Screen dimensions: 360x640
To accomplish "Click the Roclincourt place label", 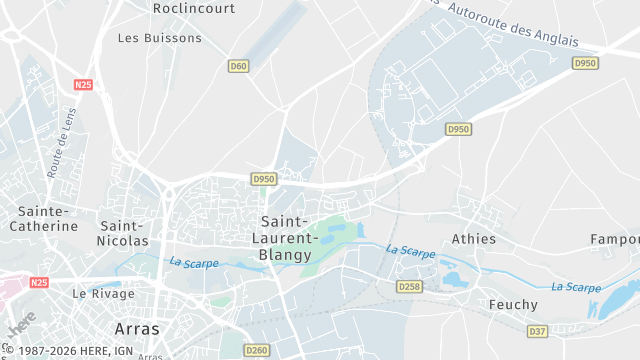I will tap(193, 7).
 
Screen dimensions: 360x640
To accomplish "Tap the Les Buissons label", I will tap(159, 38).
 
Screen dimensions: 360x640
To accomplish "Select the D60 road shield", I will tap(237, 66).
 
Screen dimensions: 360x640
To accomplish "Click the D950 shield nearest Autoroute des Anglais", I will tap(585, 63).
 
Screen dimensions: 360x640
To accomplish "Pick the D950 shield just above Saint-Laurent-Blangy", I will tap(263, 179).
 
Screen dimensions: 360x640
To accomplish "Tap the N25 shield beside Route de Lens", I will tap(83, 85).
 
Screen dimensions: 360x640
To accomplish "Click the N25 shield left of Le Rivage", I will tap(39, 283).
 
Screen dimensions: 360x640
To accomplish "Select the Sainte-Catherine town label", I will tap(43, 218).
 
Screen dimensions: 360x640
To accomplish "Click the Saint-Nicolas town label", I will tap(123, 233).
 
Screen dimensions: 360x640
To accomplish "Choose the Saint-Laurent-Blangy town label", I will tap(285, 237).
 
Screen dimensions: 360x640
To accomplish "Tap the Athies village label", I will tap(473, 239).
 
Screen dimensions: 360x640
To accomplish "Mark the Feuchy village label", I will tap(513, 304).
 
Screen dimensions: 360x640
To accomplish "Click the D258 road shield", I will tap(409, 286).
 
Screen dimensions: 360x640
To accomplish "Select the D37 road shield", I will tap(537, 330).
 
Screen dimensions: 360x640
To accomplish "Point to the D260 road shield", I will tap(257, 350).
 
